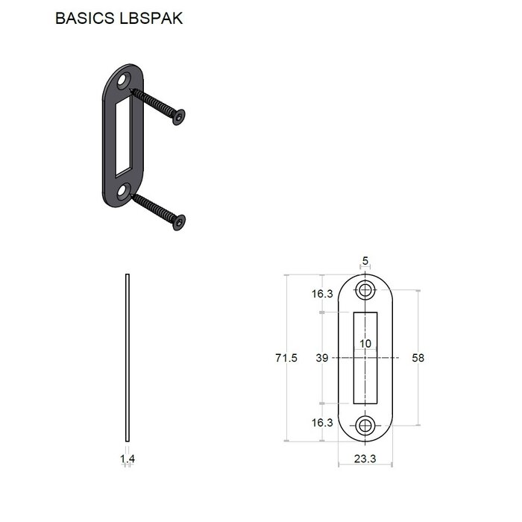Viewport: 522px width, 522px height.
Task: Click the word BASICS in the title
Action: (84, 18)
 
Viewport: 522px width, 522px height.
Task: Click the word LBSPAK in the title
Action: (151, 18)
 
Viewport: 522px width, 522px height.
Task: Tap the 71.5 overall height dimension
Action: (286, 358)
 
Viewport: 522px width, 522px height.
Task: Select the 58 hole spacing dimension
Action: (418, 358)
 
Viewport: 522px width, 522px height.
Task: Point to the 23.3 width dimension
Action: (365, 459)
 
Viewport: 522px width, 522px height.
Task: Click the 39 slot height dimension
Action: (322, 358)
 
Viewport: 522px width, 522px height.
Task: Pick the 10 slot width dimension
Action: (365, 344)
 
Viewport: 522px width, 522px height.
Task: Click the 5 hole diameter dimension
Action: (365, 261)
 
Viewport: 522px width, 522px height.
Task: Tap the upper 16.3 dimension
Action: (322, 294)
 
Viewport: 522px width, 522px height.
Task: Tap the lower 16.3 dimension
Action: (322, 423)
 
